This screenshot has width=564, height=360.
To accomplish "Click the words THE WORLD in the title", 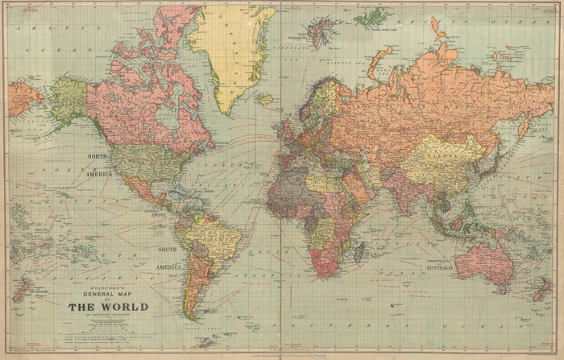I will coord(108,307).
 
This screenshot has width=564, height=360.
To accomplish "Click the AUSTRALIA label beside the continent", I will coord(466,267).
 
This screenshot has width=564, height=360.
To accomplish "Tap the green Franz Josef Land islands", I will coord(372,14).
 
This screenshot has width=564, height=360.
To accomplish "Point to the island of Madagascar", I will coord(359,250).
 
